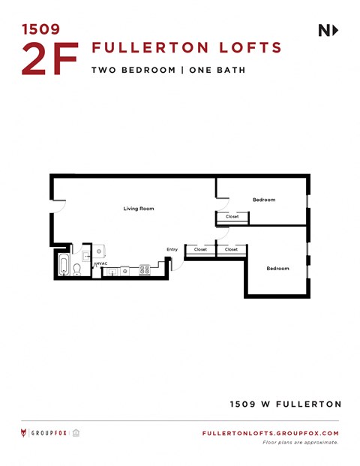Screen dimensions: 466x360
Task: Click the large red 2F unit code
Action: (x=49, y=59)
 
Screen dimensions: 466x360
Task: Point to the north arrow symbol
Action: (x=328, y=30)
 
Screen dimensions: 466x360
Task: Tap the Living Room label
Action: (x=139, y=209)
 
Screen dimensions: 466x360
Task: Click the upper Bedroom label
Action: (x=264, y=200)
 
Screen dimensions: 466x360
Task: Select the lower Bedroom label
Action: (x=278, y=268)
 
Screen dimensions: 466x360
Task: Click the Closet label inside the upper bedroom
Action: (x=232, y=217)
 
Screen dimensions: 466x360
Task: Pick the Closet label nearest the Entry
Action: (x=200, y=249)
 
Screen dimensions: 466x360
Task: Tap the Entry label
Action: (x=172, y=249)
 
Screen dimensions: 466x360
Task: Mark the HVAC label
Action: (x=101, y=263)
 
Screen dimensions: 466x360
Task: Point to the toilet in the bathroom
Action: (x=77, y=269)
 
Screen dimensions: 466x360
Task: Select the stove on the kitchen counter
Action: (x=144, y=269)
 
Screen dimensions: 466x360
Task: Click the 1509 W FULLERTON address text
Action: (x=285, y=404)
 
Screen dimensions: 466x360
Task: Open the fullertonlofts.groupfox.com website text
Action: (x=271, y=434)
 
